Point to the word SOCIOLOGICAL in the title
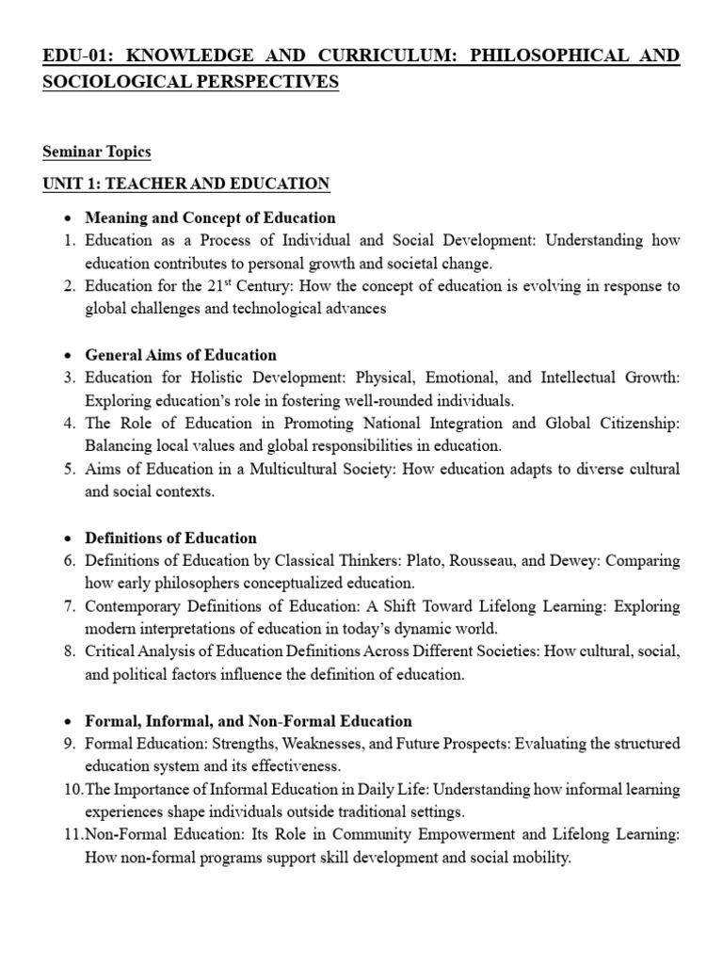click(x=103, y=83)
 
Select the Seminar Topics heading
click(x=96, y=152)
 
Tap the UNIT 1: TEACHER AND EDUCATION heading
click(x=185, y=184)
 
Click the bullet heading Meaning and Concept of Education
click(x=210, y=217)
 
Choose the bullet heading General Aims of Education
click(x=181, y=355)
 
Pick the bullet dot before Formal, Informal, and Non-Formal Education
click(x=56, y=721)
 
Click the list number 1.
click(x=69, y=241)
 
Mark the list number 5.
click(x=69, y=469)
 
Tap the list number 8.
click(x=69, y=651)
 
